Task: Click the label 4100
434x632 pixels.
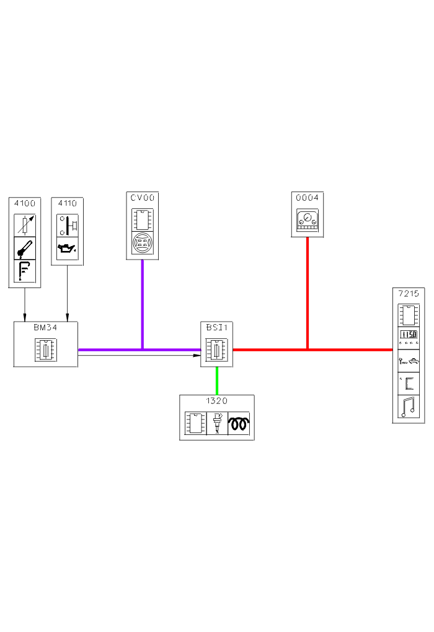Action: tap(24, 203)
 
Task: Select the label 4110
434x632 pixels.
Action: tap(67, 203)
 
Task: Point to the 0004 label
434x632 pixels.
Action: tap(308, 198)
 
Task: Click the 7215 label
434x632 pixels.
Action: tap(409, 292)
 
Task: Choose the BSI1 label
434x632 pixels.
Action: tap(216, 327)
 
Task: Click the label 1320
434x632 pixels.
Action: tap(216, 401)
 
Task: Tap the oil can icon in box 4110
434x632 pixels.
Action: tap(66, 248)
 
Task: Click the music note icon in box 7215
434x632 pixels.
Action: tap(409, 406)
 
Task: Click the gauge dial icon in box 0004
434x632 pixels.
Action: tap(308, 219)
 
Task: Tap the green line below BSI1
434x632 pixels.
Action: tap(216, 380)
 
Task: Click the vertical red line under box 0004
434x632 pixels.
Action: tap(308, 291)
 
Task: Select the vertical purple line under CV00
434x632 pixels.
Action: tap(143, 304)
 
